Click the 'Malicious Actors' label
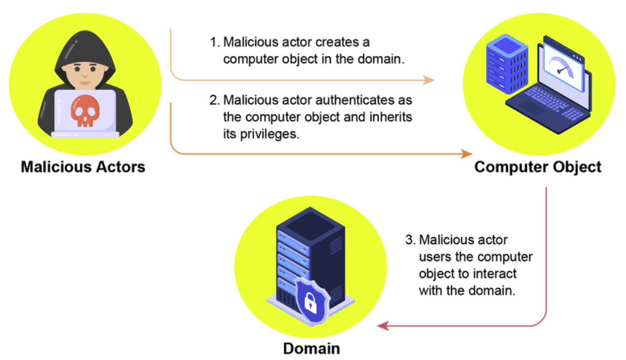[83, 167]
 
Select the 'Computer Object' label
[538, 167]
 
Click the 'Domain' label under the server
[311, 348]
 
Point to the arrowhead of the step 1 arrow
[429, 80]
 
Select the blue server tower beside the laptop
[507, 63]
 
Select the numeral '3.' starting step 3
[411, 240]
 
